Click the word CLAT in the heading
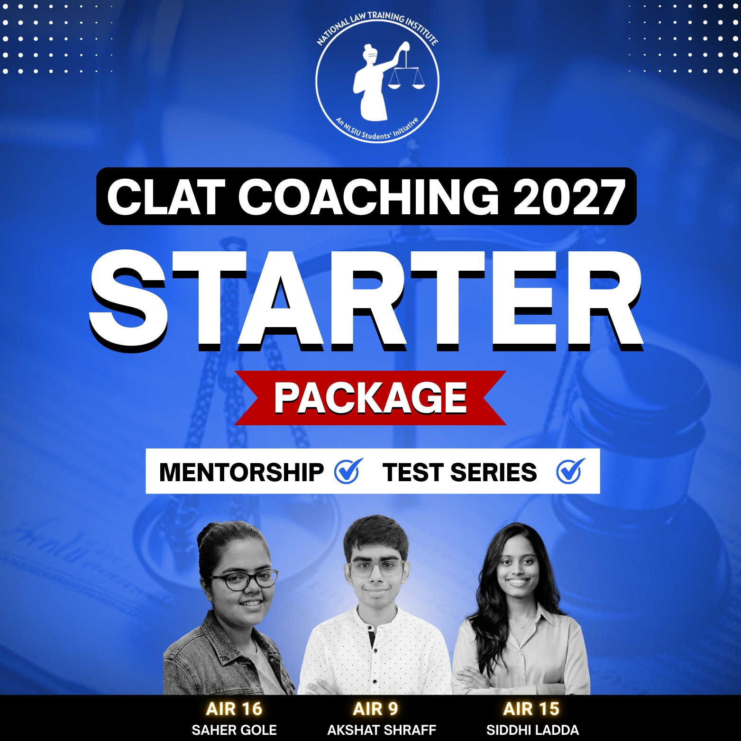pos(165,197)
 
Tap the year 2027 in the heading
pos(568,197)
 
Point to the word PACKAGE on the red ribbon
pos(370,398)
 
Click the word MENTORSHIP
pos(241,472)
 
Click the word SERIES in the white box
pos(493,472)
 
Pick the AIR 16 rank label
pos(234,709)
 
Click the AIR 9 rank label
pos(375,709)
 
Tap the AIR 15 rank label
pos(531,709)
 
